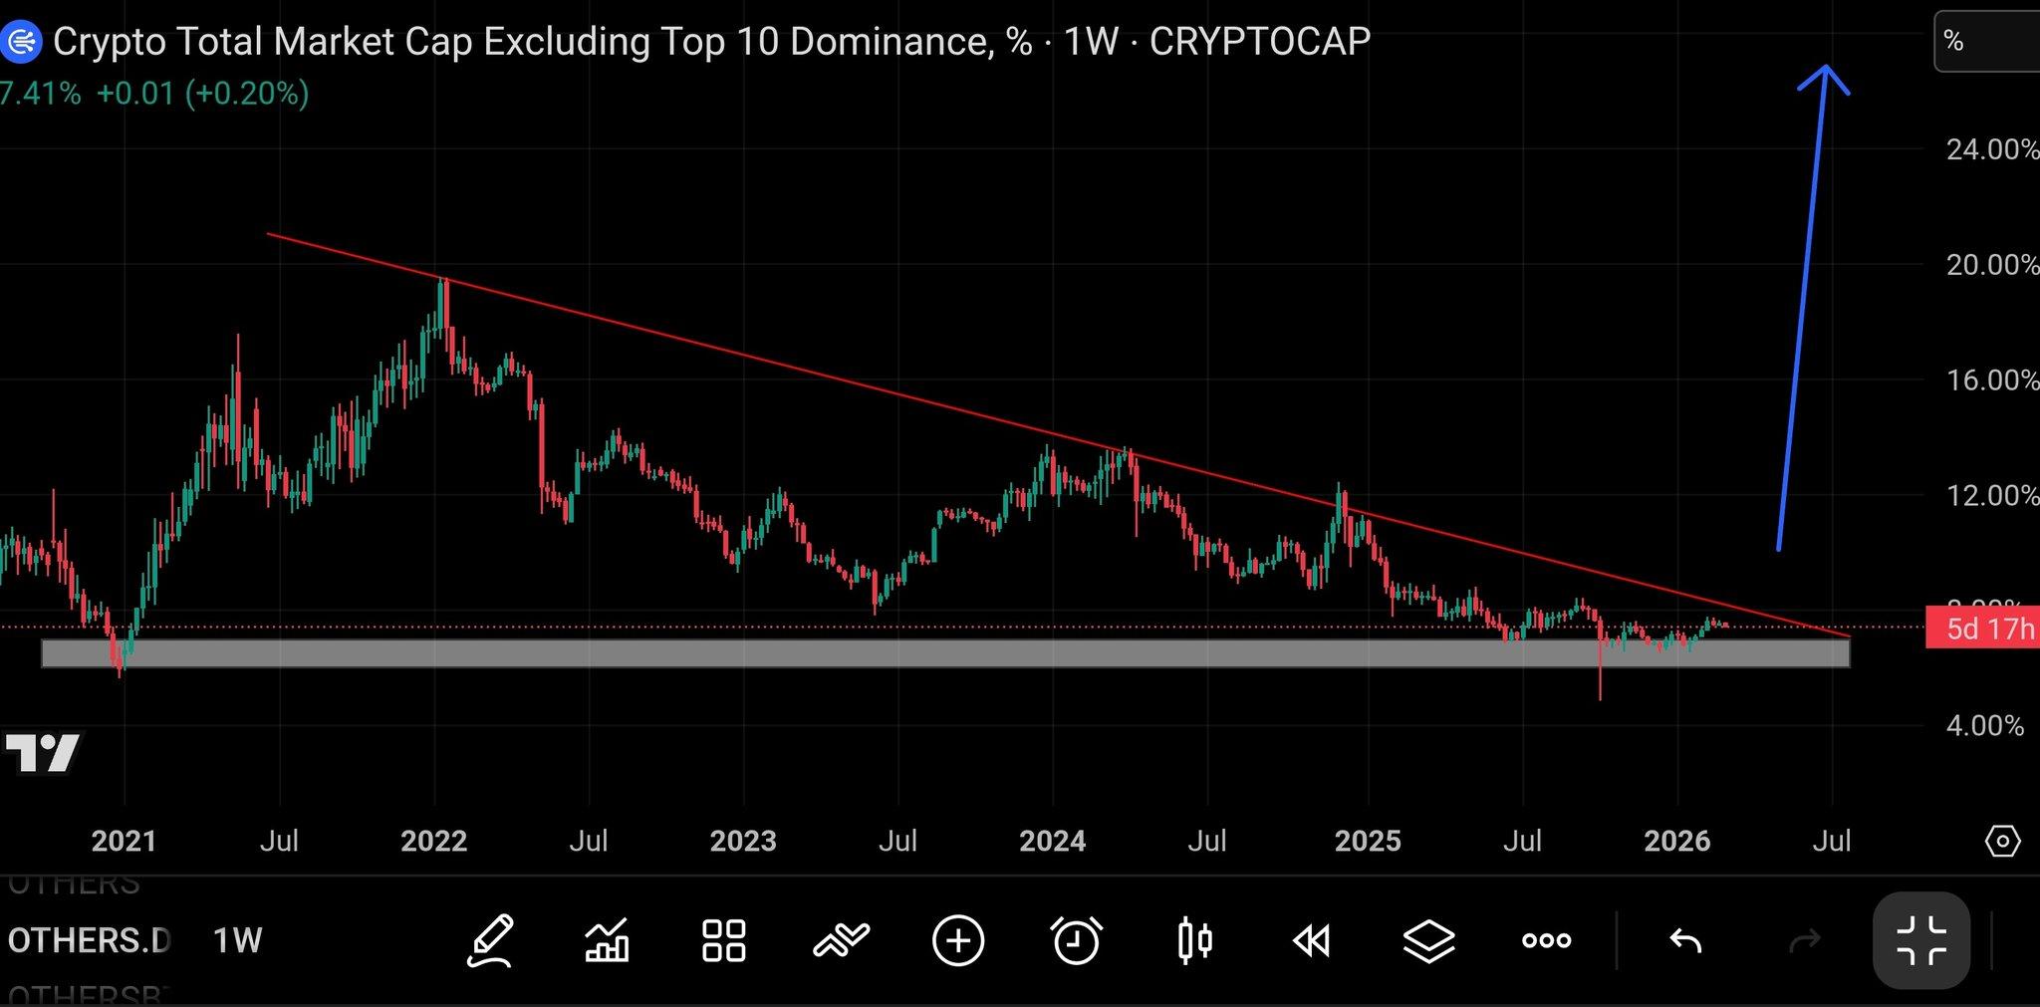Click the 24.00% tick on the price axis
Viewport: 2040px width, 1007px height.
coord(1991,149)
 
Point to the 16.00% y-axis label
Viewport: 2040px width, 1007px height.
coord(1991,379)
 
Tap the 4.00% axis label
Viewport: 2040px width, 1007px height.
coord(1984,725)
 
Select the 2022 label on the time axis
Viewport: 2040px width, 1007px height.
coord(433,841)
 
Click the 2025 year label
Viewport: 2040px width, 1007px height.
coord(1367,841)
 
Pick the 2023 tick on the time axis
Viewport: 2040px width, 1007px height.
coord(743,841)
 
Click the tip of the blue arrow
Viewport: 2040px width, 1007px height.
coord(1825,68)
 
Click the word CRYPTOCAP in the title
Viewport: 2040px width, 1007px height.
coord(1259,41)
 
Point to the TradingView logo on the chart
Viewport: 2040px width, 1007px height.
coord(42,753)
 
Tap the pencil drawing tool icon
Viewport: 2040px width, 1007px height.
coord(490,940)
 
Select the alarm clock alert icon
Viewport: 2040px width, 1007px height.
coord(1076,940)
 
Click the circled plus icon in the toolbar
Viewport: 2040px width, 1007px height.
coord(958,940)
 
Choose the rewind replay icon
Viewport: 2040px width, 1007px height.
coord(1311,940)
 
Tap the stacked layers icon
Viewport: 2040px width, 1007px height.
coord(1428,940)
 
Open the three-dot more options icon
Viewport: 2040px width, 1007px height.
coord(1546,940)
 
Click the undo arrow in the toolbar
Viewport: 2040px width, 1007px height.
coord(1684,940)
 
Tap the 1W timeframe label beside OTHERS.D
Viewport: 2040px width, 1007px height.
coord(237,940)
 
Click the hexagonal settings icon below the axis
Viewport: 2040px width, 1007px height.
coord(2002,841)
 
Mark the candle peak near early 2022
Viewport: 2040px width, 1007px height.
coord(444,282)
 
